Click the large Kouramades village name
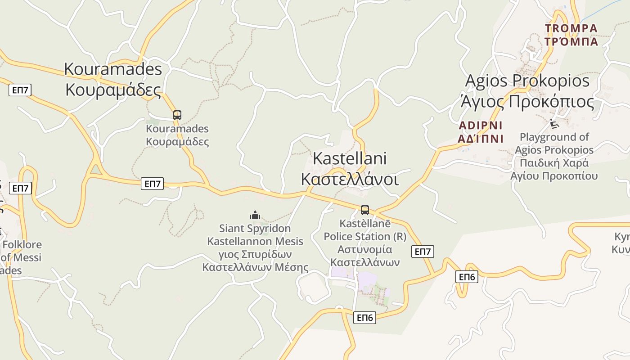(x=113, y=69)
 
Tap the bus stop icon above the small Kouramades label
(x=177, y=115)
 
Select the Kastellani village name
(x=349, y=158)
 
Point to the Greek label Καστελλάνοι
(x=349, y=179)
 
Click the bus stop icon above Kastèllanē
(x=365, y=210)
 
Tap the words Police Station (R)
(x=364, y=236)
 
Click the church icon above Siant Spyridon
(x=255, y=215)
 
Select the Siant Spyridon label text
(x=255, y=229)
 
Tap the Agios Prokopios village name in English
(x=527, y=81)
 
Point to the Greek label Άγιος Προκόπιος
(x=527, y=102)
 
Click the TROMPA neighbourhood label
(x=571, y=29)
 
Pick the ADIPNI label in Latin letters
(x=480, y=126)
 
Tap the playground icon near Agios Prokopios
(x=554, y=123)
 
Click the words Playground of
(x=554, y=137)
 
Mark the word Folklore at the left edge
(x=22, y=245)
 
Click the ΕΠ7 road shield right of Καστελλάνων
(x=423, y=252)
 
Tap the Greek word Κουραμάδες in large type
(x=113, y=90)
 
